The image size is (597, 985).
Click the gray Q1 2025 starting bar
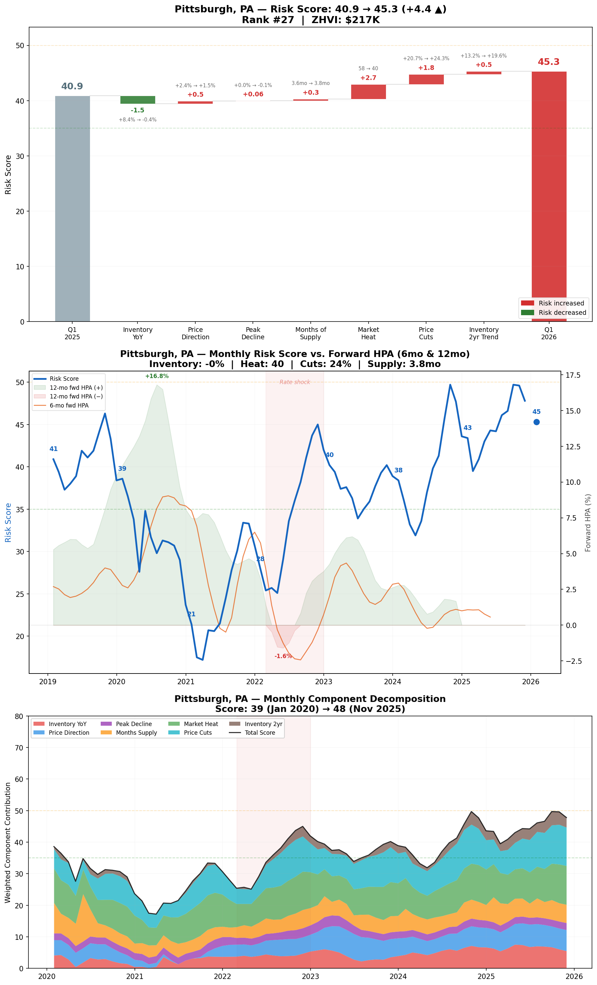click(72, 208)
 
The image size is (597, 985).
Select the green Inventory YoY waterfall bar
click(137, 100)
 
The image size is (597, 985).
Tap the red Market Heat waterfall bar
click(368, 92)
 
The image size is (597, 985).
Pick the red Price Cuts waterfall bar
click(426, 79)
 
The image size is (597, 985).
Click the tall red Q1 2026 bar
click(549, 196)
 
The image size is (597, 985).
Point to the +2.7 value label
click(368, 78)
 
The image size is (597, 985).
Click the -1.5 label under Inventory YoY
click(137, 110)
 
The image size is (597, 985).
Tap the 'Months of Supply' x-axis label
click(310, 333)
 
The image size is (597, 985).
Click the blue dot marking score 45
click(536, 422)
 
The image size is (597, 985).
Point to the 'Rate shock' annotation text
click(295, 382)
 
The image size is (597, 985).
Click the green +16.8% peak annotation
click(157, 376)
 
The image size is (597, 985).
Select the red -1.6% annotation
click(283, 656)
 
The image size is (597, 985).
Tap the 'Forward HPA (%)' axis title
click(587, 523)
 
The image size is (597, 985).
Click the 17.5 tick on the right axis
click(573, 375)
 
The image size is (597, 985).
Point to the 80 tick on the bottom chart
click(19, 716)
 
